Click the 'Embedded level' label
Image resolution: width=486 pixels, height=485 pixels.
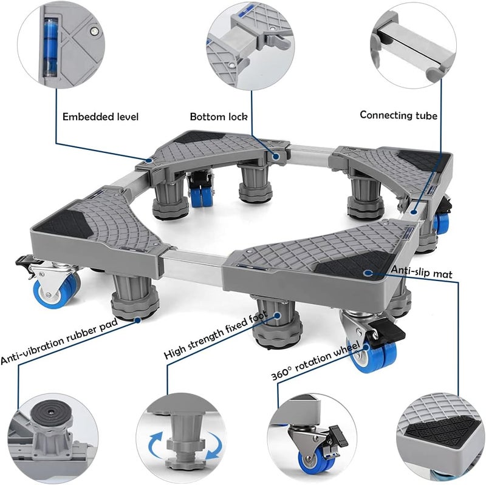(100, 117)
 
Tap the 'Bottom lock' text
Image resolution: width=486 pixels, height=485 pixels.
(219, 117)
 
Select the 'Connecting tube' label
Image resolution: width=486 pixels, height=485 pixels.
(399, 115)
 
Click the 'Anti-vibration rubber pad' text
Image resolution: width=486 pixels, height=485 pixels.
(59, 342)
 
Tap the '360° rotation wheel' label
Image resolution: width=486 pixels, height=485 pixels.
(315, 361)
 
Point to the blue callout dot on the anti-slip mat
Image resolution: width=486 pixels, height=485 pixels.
(368, 273)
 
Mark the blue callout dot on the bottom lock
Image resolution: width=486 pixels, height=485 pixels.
(276, 156)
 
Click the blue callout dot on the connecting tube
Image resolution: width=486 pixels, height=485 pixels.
(414, 212)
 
